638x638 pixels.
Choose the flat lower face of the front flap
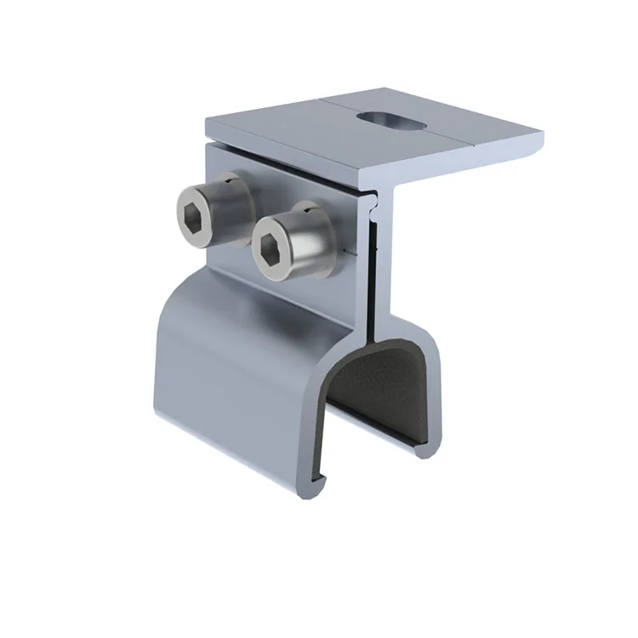[x=230, y=400]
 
